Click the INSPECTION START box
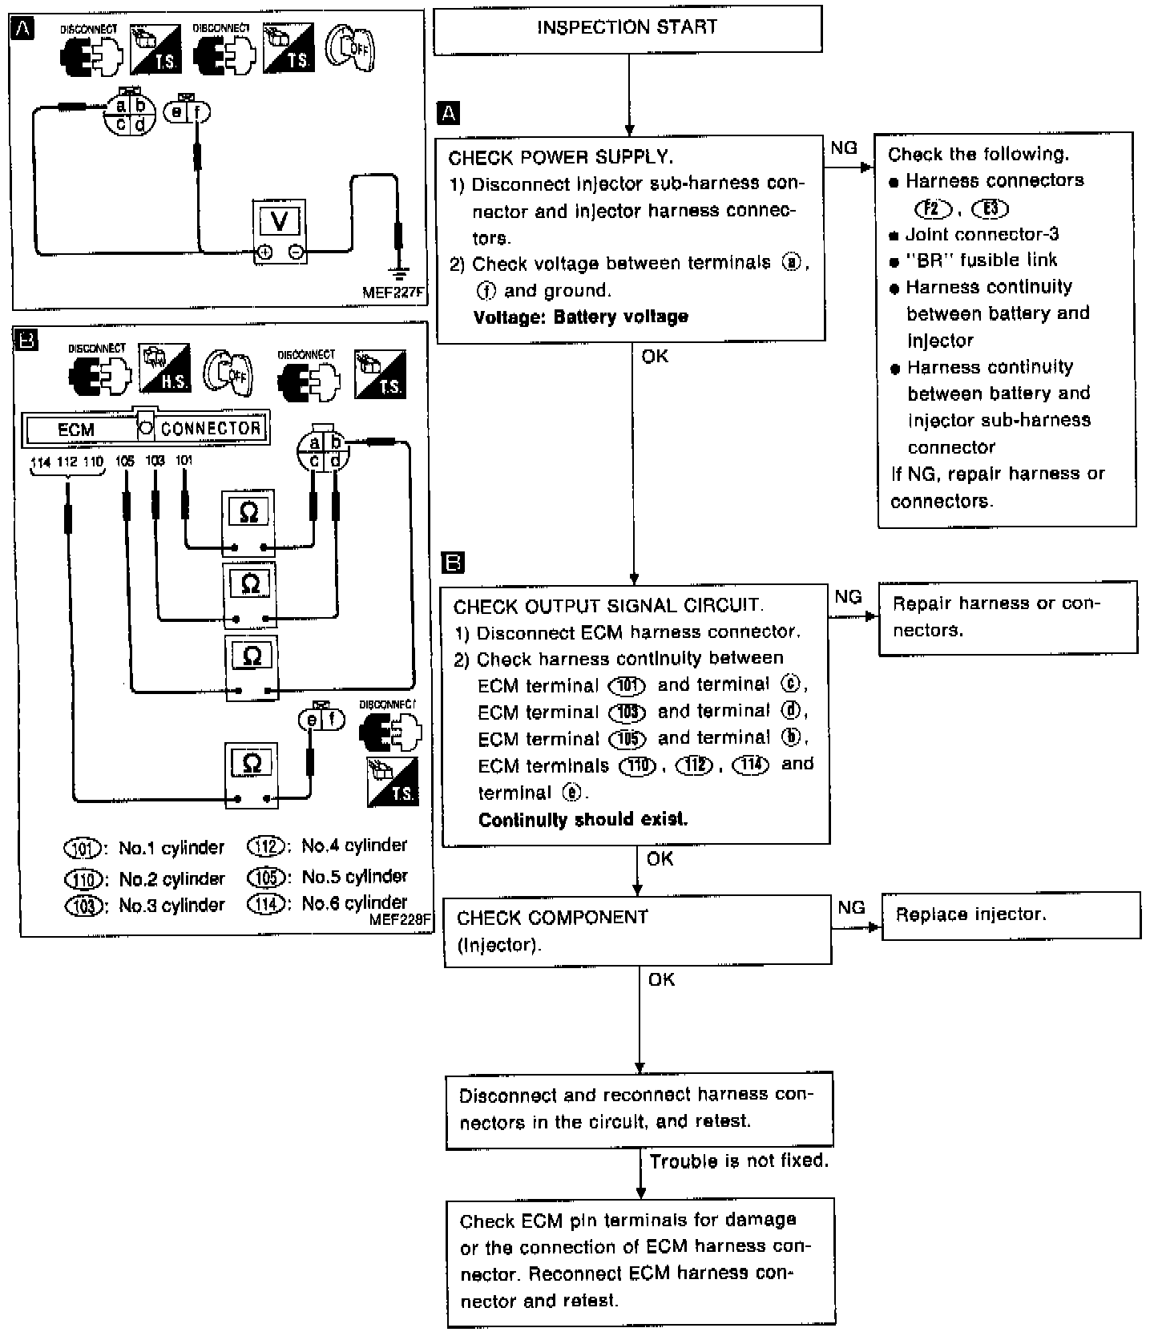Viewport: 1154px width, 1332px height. point(627,29)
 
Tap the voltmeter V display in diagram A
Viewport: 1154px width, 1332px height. point(280,220)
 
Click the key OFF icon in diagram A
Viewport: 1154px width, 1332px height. point(350,49)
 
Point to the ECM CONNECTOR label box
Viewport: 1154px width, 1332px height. point(145,428)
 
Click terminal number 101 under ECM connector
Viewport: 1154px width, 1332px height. point(184,461)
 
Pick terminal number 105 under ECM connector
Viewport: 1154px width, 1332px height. point(125,461)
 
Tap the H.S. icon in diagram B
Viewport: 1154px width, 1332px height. point(164,369)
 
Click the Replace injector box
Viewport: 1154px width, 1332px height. point(1011,915)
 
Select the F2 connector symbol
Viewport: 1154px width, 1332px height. point(932,209)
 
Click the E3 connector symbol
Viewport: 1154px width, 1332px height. point(990,209)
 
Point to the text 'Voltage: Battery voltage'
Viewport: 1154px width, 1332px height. point(581,317)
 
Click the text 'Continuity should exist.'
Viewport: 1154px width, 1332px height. point(583,820)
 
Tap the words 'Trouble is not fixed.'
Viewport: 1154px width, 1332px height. point(739,1160)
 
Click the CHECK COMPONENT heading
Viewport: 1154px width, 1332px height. point(552,918)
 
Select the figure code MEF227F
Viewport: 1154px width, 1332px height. point(392,293)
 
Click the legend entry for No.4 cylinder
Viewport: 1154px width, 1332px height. point(328,846)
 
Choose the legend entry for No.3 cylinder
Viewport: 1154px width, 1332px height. point(144,906)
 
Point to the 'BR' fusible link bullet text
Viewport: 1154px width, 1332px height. point(981,260)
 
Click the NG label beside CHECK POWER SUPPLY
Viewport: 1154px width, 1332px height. point(844,148)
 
